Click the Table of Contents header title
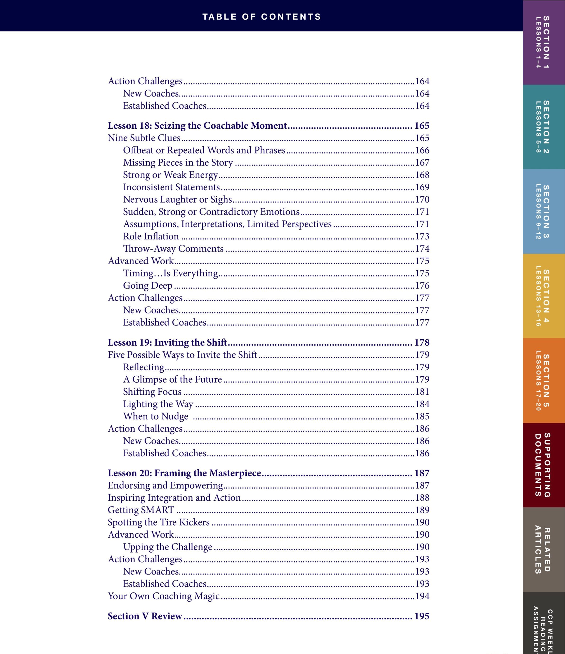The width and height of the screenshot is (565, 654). (261, 17)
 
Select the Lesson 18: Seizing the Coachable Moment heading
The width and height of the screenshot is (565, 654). (197, 126)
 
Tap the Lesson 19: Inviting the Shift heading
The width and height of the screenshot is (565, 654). (167, 342)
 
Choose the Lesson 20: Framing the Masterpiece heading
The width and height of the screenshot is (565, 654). (185, 473)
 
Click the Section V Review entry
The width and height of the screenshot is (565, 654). (145, 616)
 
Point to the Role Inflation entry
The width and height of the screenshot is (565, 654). (151, 236)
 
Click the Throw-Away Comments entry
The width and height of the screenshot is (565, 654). (173, 249)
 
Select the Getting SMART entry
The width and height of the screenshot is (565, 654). (141, 510)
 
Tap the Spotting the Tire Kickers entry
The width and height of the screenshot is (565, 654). (159, 522)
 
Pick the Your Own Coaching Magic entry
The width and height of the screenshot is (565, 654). (164, 596)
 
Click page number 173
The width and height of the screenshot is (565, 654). (422, 236)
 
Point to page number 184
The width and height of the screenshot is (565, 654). (422, 404)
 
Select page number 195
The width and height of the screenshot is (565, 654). (422, 616)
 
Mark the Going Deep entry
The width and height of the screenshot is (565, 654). (148, 286)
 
